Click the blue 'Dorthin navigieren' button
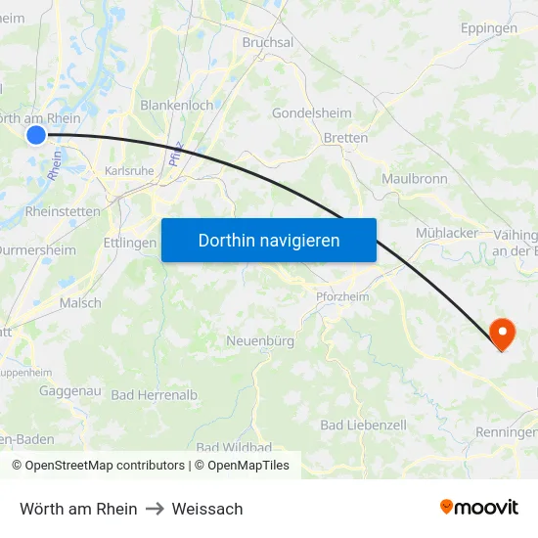pyautogui.click(x=269, y=240)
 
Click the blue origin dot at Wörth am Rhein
pyautogui.click(x=36, y=135)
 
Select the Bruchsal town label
pyautogui.click(x=268, y=42)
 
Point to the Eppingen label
pyautogui.click(x=489, y=28)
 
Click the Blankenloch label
pyautogui.click(x=177, y=105)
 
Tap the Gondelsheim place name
pyautogui.click(x=311, y=112)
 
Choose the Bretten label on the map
pyautogui.click(x=345, y=138)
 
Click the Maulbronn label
pyautogui.click(x=415, y=178)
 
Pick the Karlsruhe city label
pyautogui.click(x=129, y=170)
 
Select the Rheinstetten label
pyautogui.click(x=63, y=210)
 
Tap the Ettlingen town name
pyautogui.click(x=129, y=243)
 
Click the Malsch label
pyautogui.click(x=80, y=303)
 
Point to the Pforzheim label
pyautogui.click(x=342, y=296)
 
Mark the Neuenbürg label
pyautogui.click(x=260, y=341)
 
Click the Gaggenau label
pyautogui.click(x=70, y=390)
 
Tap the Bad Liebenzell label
pyautogui.click(x=364, y=426)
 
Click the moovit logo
pyautogui.click(x=479, y=507)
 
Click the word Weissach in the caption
pyautogui.click(x=207, y=509)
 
